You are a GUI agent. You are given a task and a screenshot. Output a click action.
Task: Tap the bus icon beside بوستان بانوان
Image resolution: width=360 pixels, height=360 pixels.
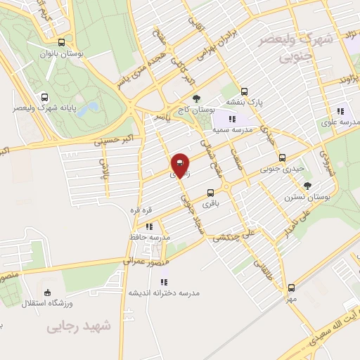62,42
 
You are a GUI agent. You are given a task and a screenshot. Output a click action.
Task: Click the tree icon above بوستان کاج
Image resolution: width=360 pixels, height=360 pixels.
195,98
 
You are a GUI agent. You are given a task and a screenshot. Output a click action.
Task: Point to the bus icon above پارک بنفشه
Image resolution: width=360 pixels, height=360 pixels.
244,91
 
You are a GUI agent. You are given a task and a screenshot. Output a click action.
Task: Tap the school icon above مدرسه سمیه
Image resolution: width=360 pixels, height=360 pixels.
232,120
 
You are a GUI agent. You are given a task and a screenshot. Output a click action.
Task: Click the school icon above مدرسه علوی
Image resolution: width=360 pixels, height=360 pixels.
340,111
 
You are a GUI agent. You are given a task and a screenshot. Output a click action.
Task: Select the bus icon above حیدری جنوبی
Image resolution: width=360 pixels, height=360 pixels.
283,157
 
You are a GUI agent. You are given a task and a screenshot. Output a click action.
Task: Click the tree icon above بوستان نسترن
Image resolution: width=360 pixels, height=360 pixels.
307,186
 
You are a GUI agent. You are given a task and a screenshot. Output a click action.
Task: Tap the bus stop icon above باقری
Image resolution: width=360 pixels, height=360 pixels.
210,193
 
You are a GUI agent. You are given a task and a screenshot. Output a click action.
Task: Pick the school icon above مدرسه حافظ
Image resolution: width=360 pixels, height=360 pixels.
149,226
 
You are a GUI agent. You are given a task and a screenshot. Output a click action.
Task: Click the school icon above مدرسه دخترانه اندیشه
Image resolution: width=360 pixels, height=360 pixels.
164,282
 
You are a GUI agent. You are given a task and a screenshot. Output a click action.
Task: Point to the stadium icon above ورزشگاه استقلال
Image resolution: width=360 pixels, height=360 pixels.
47,292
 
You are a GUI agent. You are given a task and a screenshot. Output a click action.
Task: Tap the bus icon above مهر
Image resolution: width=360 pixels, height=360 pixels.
291,288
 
